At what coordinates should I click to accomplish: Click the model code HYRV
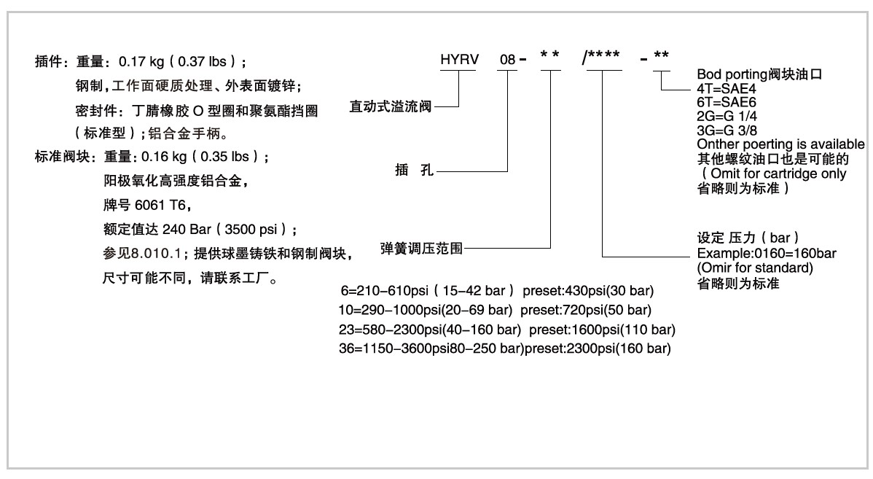(459, 60)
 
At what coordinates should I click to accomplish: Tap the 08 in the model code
(507, 60)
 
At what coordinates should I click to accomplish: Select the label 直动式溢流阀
(391, 106)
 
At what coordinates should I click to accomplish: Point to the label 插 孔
(414, 170)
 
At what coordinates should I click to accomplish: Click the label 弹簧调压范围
(421, 249)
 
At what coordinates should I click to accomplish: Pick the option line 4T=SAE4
(726, 88)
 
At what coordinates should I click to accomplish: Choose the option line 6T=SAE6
(726, 103)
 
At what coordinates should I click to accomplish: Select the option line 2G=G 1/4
(727, 117)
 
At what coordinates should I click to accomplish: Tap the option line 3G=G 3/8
(727, 131)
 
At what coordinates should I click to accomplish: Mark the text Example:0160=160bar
(767, 254)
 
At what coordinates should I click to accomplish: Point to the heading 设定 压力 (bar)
(748, 238)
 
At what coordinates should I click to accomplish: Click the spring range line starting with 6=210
(497, 291)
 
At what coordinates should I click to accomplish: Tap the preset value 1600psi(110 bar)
(624, 330)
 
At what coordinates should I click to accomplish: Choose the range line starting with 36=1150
(505, 348)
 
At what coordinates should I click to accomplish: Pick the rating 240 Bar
(187, 230)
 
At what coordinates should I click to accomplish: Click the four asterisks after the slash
(604, 55)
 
